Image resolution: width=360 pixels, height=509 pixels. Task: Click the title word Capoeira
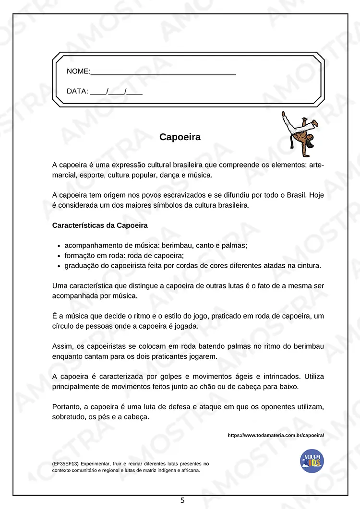pyautogui.click(x=180, y=137)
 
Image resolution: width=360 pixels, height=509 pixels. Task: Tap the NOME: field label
pyautogui.click(x=78, y=71)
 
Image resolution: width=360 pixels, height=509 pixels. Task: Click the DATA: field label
pyautogui.click(x=77, y=91)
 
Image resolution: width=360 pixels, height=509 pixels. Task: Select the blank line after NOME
pyautogui.click(x=163, y=73)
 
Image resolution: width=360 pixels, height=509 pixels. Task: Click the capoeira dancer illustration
pyautogui.click(x=299, y=130)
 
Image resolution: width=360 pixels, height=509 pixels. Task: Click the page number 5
pyautogui.click(x=182, y=500)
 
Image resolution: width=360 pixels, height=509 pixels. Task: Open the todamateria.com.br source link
pyautogui.click(x=276, y=435)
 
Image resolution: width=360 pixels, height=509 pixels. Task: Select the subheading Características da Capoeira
pyautogui.click(x=100, y=225)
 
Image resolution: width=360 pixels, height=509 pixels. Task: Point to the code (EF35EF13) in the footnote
pyautogui.click(x=65, y=464)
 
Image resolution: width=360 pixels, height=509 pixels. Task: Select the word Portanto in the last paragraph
pyautogui.click(x=66, y=407)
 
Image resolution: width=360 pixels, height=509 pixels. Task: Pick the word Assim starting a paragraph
pyautogui.click(x=62, y=346)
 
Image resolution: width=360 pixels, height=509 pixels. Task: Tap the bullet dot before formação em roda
pyautogui.click(x=58, y=256)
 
